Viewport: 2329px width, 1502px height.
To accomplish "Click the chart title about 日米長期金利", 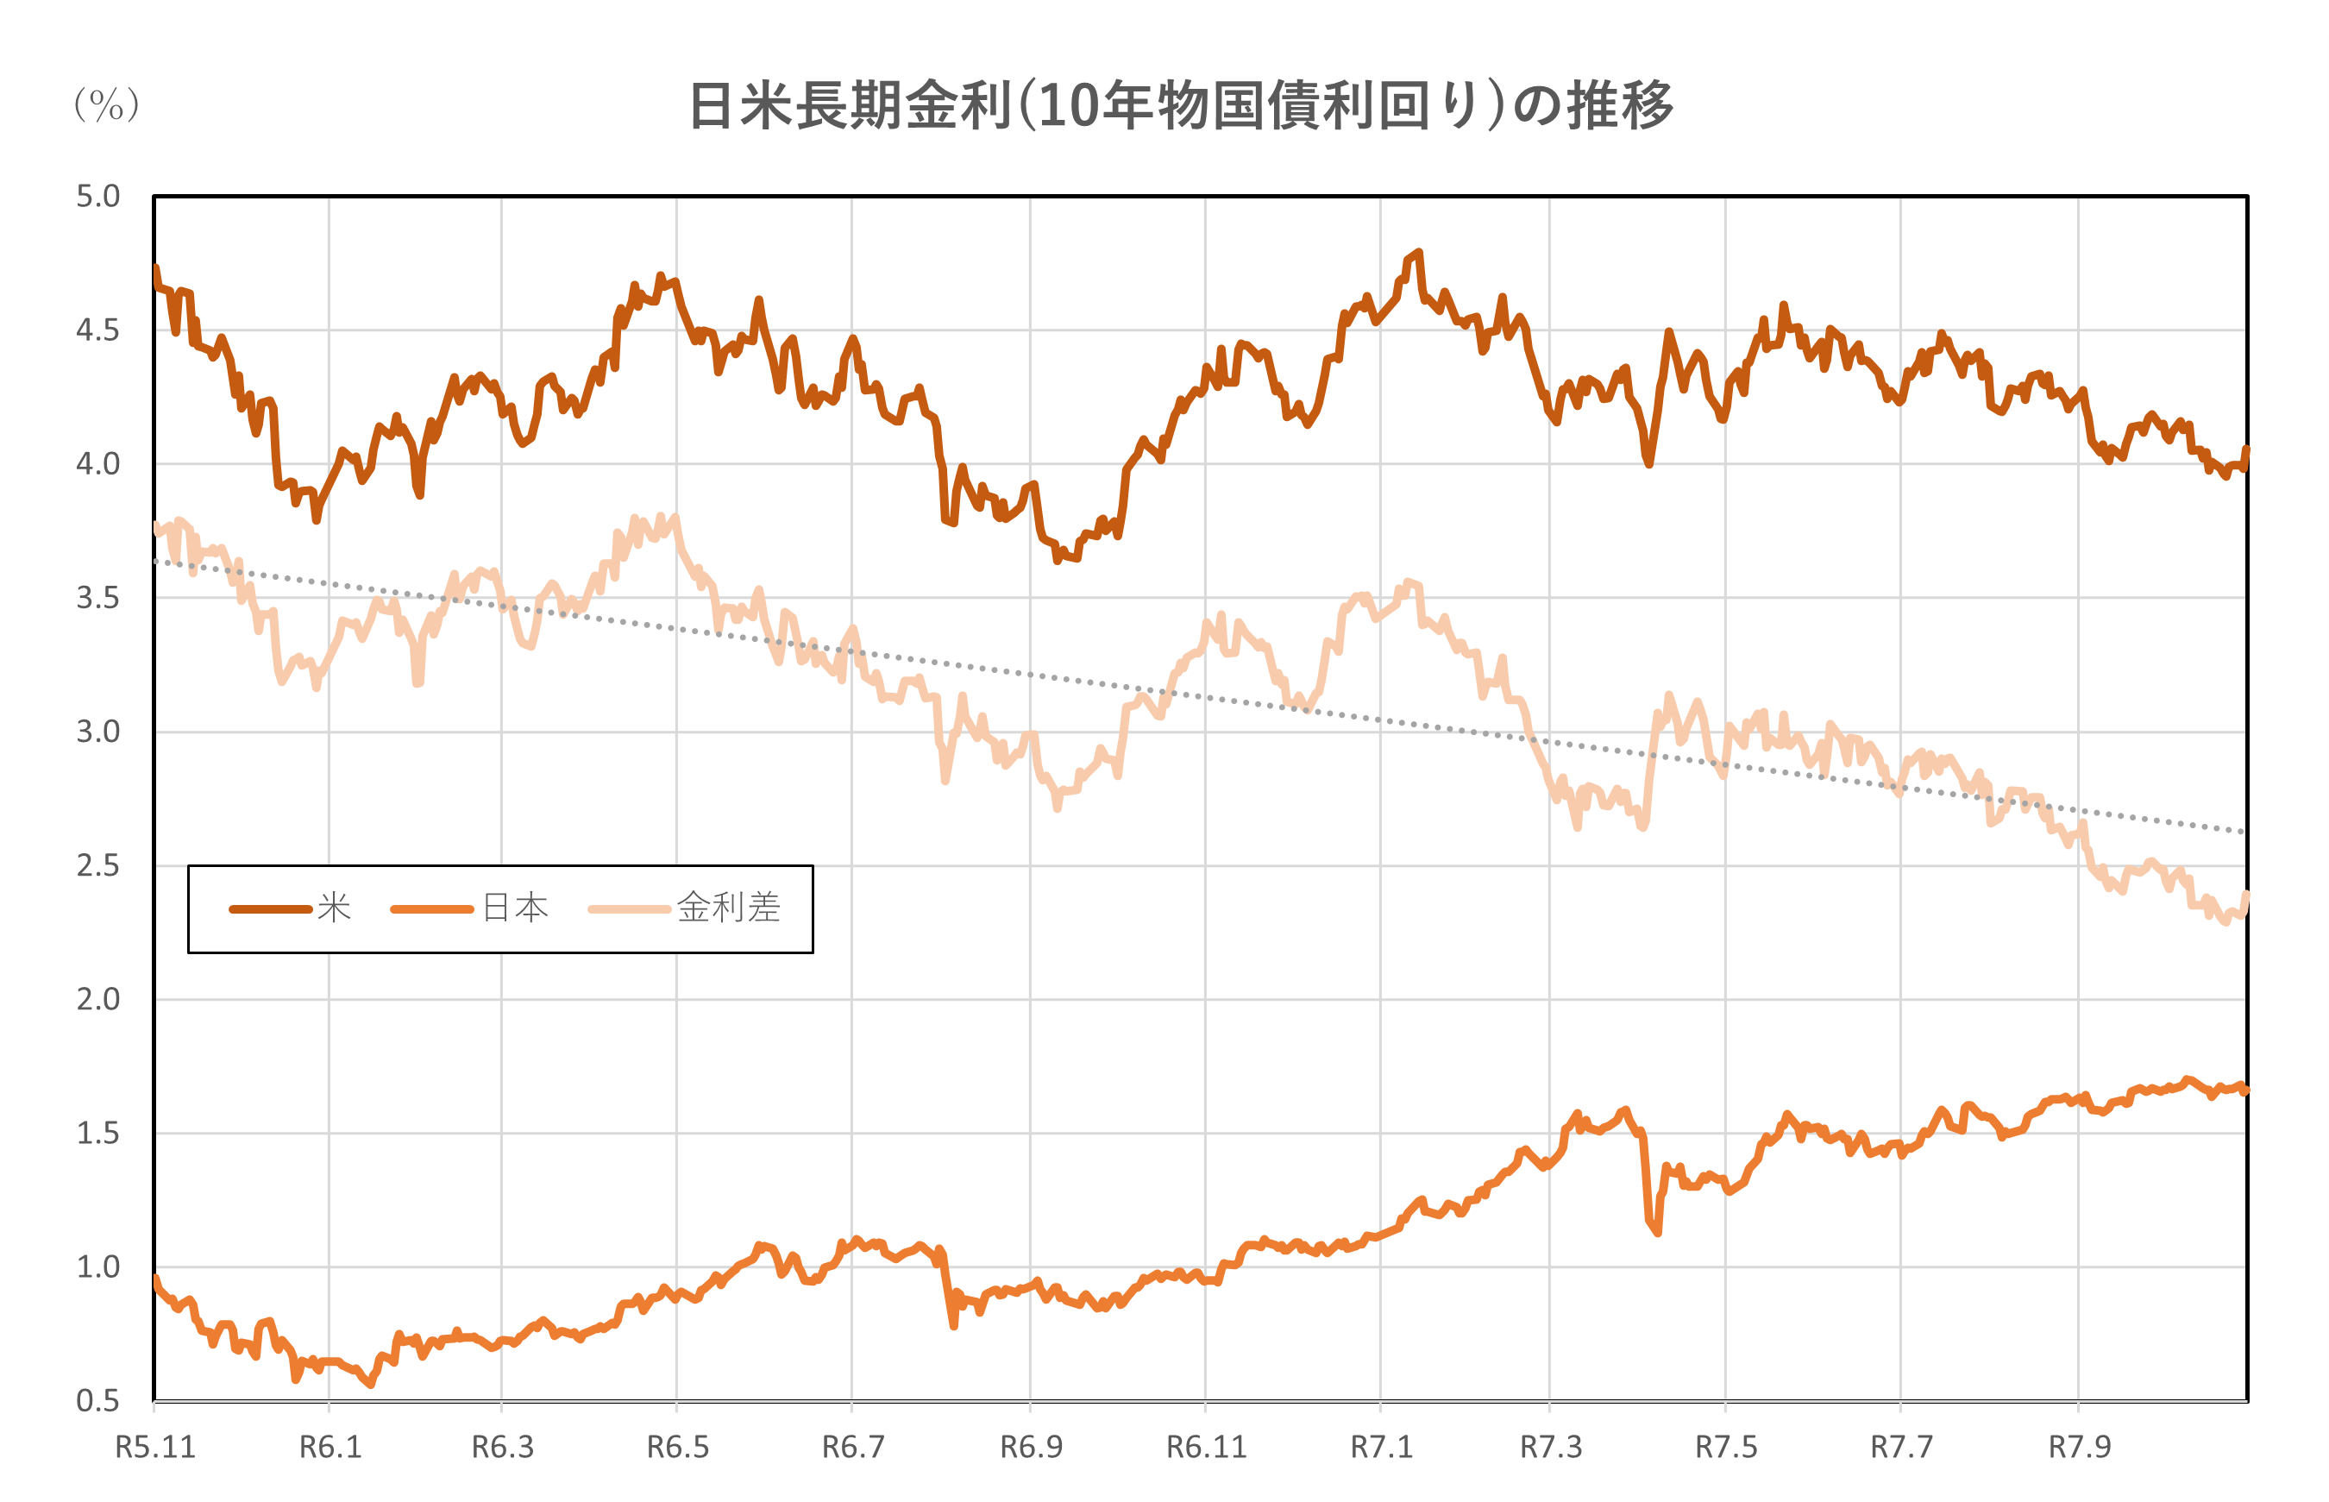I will [1181, 105].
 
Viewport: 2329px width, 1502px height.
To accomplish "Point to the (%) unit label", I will [106, 104].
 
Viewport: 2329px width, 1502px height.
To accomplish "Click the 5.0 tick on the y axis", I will [97, 196].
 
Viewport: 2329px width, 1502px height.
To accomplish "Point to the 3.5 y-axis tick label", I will [97, 598].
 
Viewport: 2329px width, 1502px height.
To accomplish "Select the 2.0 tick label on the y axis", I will [97, 999].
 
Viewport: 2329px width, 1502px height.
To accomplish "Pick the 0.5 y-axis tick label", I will [97, 1400].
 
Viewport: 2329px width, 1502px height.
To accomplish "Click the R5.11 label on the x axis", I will [155, 1448].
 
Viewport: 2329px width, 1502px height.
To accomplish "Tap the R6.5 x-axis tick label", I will [677, 1448].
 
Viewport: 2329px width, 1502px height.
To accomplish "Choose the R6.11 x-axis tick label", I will [1206, 1448].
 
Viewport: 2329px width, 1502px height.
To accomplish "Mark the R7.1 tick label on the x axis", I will [1380, 1448].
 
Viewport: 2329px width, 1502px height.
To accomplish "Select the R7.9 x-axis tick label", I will [2079, 1448].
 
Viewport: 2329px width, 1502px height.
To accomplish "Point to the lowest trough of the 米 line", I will [1058, 561].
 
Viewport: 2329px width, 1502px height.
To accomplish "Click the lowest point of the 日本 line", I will [370, 1384].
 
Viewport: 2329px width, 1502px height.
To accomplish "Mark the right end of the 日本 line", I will [2245, 1090].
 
